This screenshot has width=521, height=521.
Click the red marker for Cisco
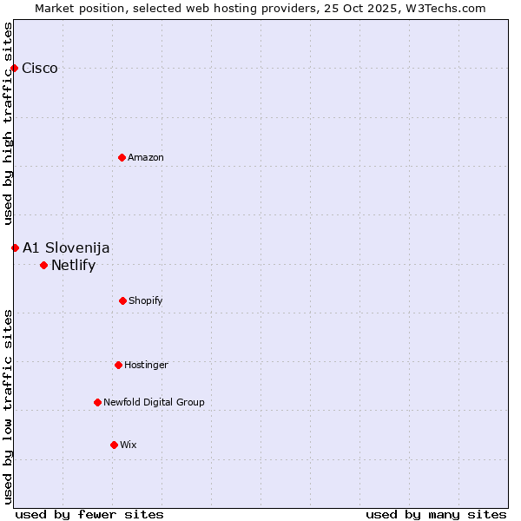14,68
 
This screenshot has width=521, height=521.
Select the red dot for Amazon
122,157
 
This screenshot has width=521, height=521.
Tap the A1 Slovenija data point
15,247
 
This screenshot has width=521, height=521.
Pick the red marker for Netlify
43,265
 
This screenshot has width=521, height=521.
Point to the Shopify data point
122,300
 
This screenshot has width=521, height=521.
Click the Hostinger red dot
118,365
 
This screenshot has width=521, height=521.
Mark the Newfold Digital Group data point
97,402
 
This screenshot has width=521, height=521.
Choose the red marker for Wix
114,445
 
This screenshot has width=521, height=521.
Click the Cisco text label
40,69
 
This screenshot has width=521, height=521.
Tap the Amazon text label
146,157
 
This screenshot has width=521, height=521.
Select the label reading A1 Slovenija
66,248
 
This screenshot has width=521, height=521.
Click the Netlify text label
73,266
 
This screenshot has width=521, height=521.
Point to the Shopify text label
146,300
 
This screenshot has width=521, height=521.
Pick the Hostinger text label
146,365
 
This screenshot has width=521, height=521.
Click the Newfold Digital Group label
154,402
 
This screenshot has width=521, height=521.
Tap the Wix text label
129,445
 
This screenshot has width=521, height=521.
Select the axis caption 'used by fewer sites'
89,514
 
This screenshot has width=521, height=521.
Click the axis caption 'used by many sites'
436,514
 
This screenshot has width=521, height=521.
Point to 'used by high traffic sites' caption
8,124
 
